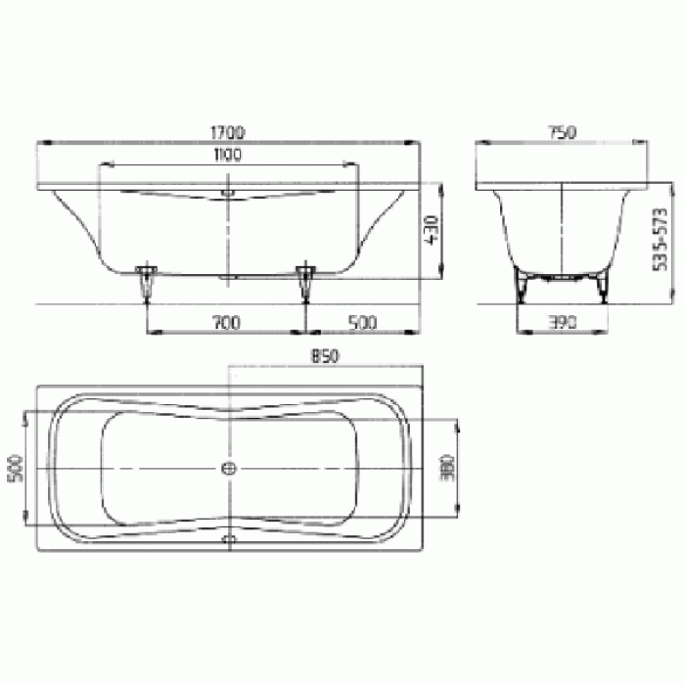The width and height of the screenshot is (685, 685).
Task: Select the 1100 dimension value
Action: point(227,154)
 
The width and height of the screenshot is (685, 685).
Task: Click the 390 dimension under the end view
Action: point(562,321)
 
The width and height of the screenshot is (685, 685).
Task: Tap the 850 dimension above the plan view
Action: point(325,358)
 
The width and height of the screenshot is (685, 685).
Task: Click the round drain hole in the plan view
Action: point(229,469)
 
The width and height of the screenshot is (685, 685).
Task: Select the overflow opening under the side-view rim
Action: point(228,193)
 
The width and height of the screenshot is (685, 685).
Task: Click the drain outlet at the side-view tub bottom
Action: point(228,278)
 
